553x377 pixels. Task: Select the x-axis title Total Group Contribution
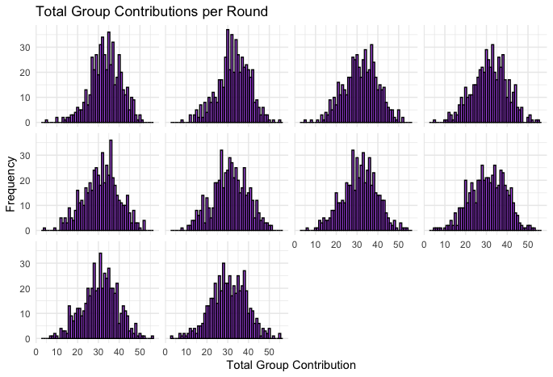point(291,366)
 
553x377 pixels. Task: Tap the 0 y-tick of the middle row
point(27,231)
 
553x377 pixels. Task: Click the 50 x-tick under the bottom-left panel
point(139,352)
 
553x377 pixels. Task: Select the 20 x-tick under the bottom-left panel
point(77,352)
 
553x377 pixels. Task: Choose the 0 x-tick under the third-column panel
point(295,244)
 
